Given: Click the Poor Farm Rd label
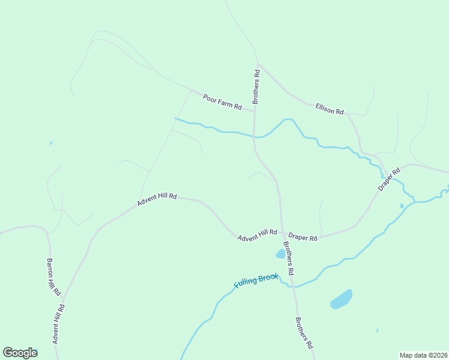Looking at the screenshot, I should (x=222, y=102).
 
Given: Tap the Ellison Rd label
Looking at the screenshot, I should (x=330, y=109).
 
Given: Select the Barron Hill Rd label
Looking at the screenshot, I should (x=54, y=277).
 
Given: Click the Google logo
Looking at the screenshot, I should (x=20, y=353).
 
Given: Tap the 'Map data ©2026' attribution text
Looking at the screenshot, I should (x=423, y=355).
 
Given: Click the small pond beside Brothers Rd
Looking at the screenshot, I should (x=280, y=254).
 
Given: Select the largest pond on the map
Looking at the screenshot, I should (x=341, y=299).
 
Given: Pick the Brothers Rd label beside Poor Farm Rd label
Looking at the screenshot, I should (x=256, y=87).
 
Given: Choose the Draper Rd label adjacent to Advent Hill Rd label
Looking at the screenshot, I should (x=303, y=237).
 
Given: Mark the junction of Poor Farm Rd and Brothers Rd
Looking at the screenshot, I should (x=254, y=112).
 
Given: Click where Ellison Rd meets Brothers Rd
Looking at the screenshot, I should (x=258, y=64).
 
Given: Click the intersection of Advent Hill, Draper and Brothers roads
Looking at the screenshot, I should (x=282, y=233).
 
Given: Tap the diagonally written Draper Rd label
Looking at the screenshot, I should (x=389, y=179).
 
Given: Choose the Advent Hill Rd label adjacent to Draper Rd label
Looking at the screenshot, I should (x=257, y=235).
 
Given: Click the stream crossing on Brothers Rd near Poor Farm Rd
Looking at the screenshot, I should (x=255, y=137).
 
